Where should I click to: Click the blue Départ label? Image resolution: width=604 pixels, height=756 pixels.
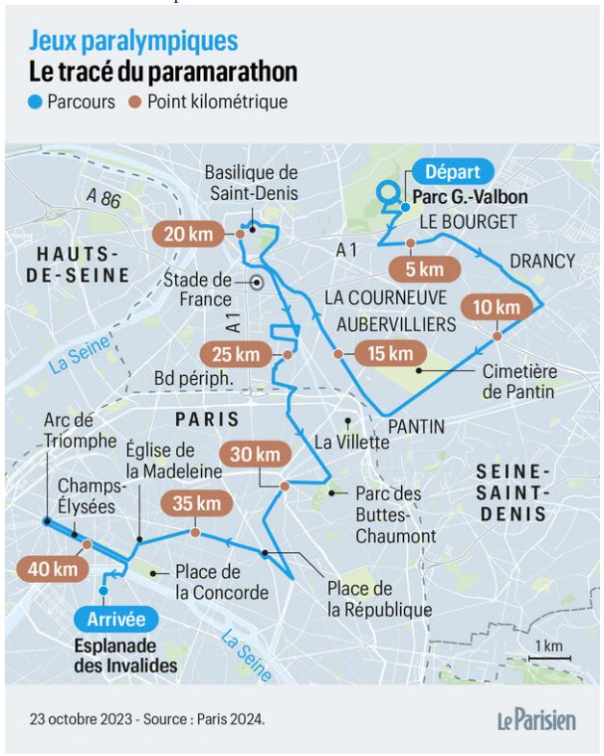457,173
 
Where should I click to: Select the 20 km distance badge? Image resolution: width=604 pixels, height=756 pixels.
188,235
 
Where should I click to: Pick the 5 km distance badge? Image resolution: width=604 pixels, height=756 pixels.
423,268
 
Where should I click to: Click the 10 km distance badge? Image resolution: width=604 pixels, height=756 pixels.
496,308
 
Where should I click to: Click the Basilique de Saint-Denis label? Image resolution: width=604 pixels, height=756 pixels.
253,183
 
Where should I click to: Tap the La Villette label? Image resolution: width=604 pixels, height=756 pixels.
352,442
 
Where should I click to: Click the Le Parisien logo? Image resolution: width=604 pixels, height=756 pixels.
536,718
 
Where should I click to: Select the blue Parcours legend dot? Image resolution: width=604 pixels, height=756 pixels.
36,102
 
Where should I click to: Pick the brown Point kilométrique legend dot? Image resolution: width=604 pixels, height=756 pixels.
136,102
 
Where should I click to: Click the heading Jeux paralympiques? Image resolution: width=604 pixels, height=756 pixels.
134,41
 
